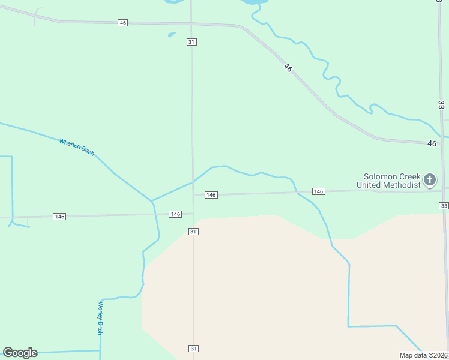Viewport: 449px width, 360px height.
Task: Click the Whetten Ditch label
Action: pyautogui.click(x=77, y=147)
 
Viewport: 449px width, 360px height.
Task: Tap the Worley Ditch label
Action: pyautogui.click(x=101, y=318)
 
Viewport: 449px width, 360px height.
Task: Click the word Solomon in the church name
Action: pyautogui.click(x=382, y=176)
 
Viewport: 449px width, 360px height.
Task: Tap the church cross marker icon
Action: pyautogui.click(x=430, y=179)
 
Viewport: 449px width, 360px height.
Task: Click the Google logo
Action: pyautogui.click(x=20, y=353)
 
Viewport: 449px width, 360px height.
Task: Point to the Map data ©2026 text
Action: pyautogui.click(x=423, y=355)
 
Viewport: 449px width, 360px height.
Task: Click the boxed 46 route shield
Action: pyautogui.click(x=123, y=23)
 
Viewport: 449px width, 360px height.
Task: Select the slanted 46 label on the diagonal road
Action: pyautogui.click(x=288, y=68)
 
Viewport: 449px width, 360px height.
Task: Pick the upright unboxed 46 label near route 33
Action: pyautogui.click(x=432, y=143)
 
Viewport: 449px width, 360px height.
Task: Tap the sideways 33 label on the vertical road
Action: pyautogui.click(x=441, y=104)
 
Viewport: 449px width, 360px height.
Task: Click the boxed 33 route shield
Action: pyautogui.click(x=444, y=206)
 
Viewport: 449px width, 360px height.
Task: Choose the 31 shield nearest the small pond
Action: pyautogui.click(x=191, y=42)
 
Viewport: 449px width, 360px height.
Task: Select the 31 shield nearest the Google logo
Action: pyautogui.click(x=193, y=349)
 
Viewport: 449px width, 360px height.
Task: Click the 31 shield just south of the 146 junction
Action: pyautogui.click(x=193, y=232)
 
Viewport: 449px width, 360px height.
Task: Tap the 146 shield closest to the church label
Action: pyautogui.click(x=319, y=191)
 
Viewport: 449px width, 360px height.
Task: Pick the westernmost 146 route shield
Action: pyautogui.click(x=59, y=216)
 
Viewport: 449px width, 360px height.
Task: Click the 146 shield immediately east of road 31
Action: pyautogui.click(x=211, y=195)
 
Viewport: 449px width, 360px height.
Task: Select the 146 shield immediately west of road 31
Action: pyautogui.click(x=175, y=214)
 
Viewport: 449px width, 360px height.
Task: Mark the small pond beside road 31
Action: pyautogui.click(x=172, y=34)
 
